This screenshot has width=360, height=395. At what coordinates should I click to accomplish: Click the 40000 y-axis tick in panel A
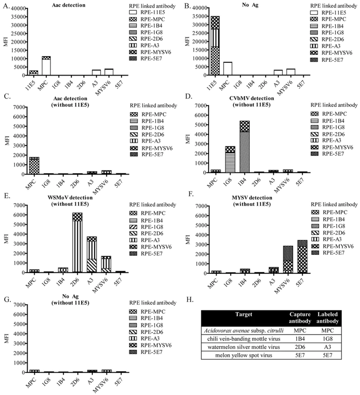click(x=15, y=9)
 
